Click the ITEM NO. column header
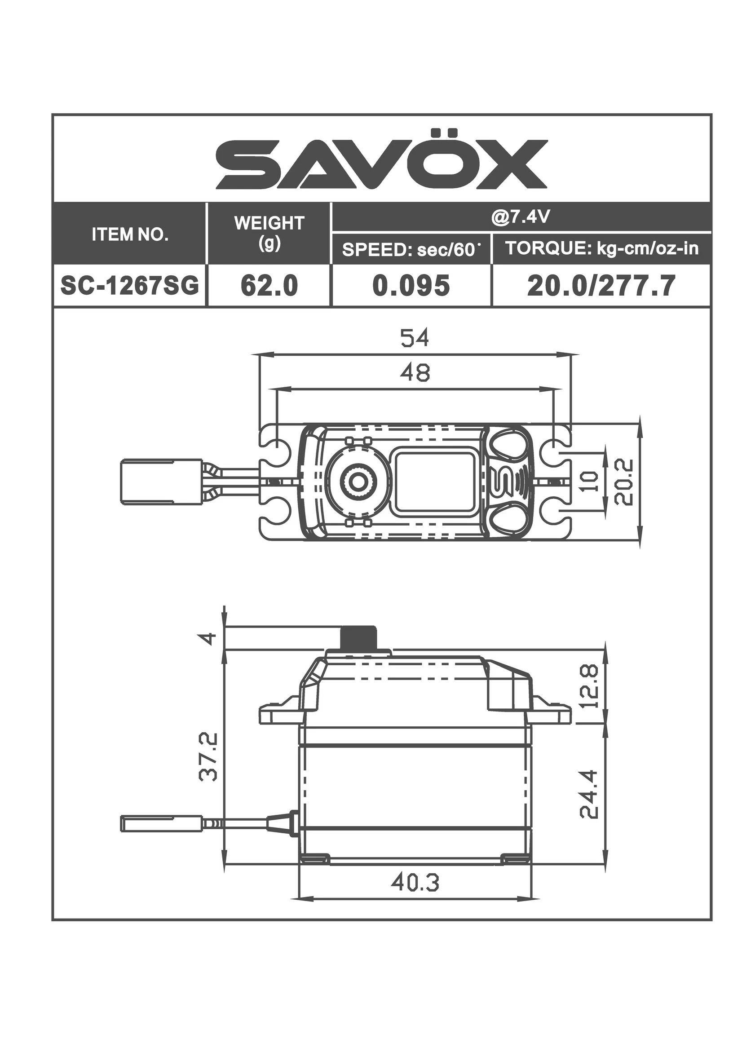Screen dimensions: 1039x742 (130, 235)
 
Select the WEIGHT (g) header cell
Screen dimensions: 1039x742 (269, 233)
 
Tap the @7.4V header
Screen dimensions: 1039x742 (521, 217)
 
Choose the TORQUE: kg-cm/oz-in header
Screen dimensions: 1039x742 (602, 248)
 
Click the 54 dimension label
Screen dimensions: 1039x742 (415, 339)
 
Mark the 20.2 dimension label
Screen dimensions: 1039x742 (624, 481)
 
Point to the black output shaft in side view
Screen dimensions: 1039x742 (360, 638)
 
